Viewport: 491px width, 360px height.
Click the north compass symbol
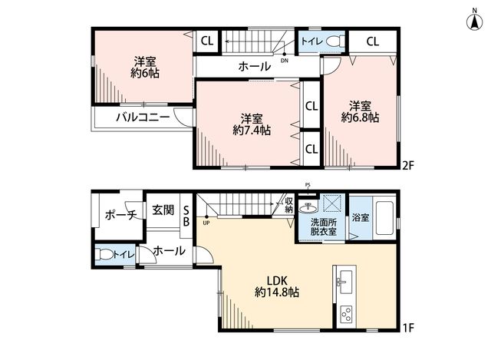tap(474, 21)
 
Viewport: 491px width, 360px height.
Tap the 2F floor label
tap(408, 165)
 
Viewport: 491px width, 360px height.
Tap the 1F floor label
tap(408, 328)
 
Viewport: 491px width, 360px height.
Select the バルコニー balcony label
tap(143, 117)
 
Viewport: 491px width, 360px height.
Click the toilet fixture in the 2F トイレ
tap(334, 41)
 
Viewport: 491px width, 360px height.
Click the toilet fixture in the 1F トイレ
tap(104, 254)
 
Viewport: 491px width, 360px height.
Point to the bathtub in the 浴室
tap(384, 218)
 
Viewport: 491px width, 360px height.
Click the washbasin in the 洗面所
tap(308, 206)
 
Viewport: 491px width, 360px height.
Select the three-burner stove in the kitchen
tap(346, 313)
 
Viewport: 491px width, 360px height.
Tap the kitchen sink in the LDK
tap(345, 282)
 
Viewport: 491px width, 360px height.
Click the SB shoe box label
tap(186, 215)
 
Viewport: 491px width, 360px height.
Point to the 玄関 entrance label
tap(163, 210)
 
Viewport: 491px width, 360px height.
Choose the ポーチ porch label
tap(121, 215)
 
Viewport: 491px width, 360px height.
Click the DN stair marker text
tap(285, 61)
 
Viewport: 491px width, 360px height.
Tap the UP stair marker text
tap(206, 223)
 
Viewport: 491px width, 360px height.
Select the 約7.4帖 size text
tap(252, 130)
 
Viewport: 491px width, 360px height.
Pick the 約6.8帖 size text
tap(360, 117)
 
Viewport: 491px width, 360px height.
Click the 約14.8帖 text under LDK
tap(277, 292)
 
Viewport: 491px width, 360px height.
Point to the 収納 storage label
tap(289, 205)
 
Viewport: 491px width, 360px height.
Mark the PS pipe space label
tap(308, 185)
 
